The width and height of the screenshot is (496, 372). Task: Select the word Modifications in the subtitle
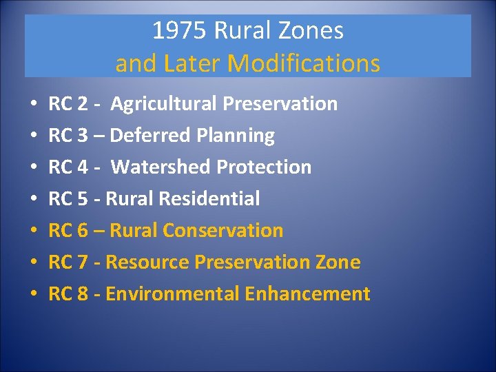[304, 63]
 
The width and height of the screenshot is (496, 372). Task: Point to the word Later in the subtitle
[189, 63]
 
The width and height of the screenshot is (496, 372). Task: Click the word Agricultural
[164, 104]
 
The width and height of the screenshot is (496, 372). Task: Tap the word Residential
[209, 199]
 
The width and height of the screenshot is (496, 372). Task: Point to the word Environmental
[173, 294]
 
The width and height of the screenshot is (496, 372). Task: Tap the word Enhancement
[307, 294]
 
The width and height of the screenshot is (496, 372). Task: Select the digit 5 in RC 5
[83, 199]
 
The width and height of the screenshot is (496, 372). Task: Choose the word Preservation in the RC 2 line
[280, 104]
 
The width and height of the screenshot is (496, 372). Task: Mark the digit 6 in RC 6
[83, 231]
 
